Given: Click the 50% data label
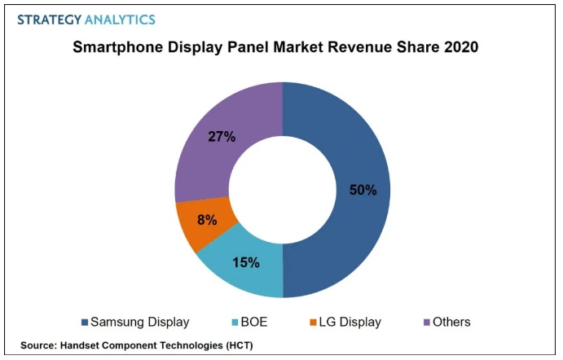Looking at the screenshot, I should (363, 190).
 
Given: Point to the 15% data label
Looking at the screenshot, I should (245, 262).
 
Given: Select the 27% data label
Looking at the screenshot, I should (222, 136).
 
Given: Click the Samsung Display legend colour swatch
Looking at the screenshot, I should (84, 323).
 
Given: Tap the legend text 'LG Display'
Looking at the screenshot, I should (350, 323).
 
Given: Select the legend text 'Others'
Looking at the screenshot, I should (452, 323).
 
